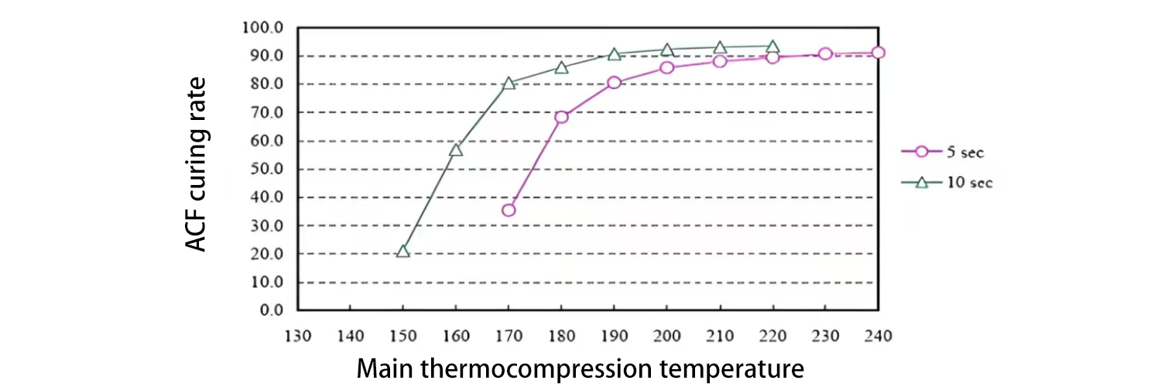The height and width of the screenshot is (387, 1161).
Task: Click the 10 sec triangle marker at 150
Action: (x=402, y=252)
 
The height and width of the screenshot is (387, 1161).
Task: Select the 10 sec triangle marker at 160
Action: (x=456, y=149)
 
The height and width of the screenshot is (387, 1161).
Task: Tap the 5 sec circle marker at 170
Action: (x=509, y=210)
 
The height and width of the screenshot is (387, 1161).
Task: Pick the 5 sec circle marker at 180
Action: (x=561, y=117)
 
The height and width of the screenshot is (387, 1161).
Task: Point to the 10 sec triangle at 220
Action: (x=772, y=47)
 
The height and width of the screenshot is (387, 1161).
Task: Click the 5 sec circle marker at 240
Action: (x=878, y=53)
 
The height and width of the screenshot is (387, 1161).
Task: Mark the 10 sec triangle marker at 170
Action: (x=509, y=84)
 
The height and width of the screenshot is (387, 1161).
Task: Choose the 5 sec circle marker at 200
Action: (x=667, y=67)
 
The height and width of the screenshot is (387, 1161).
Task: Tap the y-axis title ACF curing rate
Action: (x=198, y=163)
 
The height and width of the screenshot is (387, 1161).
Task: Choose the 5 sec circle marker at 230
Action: (x=825, y=54)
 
